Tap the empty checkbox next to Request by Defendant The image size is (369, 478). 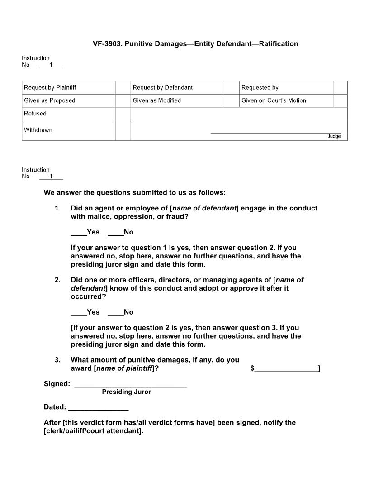232,87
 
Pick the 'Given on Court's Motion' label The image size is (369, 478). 274,100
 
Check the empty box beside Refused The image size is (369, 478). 123,114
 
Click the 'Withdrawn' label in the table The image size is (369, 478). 38,130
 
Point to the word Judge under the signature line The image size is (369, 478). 334,136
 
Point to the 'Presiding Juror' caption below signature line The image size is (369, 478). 126,392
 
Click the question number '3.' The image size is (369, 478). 57,360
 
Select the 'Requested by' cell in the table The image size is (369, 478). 286,87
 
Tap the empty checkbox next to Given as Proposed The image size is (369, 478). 123,100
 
